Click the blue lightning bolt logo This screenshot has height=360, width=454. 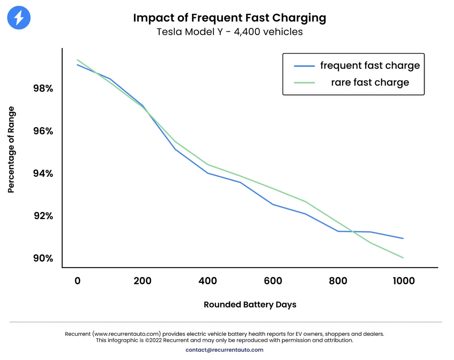tap(19, 18)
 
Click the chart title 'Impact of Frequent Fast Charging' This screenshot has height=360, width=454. tap(230, 17)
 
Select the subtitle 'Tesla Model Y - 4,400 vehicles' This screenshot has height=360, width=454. tap(230, 32)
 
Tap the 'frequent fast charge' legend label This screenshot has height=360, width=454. tap(370, 65)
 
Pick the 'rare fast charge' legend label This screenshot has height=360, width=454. tap(370, 82)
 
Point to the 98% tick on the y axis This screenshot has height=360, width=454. tap(43, 88)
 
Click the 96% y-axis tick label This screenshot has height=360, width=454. tap(43, 131)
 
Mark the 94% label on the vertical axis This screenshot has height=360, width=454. tap(43, 174)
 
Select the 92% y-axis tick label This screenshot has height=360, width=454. tap(43, 216)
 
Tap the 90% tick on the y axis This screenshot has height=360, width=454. tap(43, 258)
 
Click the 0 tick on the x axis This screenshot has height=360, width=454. tap(78, 281)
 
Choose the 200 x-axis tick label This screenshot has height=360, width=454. tap(143, 281)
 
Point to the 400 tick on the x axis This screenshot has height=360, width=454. tap(208, 281)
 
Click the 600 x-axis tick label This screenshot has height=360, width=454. tap(273, 281)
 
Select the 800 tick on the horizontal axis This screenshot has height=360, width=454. tap(338, 281)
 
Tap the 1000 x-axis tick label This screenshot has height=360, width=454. tap(403, 281)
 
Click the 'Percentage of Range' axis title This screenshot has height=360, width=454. tap(11, 150)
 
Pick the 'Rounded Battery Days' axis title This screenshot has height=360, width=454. tap(250, 305)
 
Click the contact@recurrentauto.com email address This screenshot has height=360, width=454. tap(224, 350)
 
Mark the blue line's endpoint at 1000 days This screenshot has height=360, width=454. tap(403, 238)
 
